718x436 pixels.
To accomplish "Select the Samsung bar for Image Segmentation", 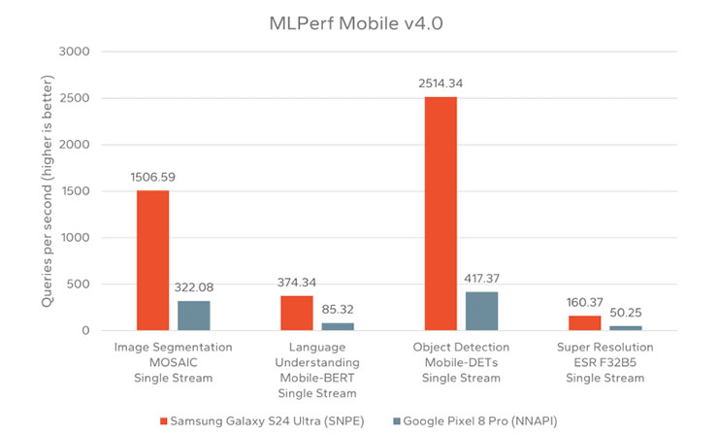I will tap(152, 260).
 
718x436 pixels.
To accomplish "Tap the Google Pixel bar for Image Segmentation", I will tap(194, 316).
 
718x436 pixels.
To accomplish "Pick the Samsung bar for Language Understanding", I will tap(297, 314).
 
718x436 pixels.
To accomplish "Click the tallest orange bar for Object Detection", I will tap(441, 214).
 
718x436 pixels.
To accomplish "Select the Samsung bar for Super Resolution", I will tap(584, 323).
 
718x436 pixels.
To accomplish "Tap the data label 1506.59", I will tap(152, 178).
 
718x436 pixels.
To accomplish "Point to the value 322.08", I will tap(194, 288).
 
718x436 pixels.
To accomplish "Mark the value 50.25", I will tap(626, 314).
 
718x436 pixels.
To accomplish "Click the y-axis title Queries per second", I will tap(46, 190).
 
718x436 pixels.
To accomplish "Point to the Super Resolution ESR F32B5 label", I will tap(604, 362).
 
